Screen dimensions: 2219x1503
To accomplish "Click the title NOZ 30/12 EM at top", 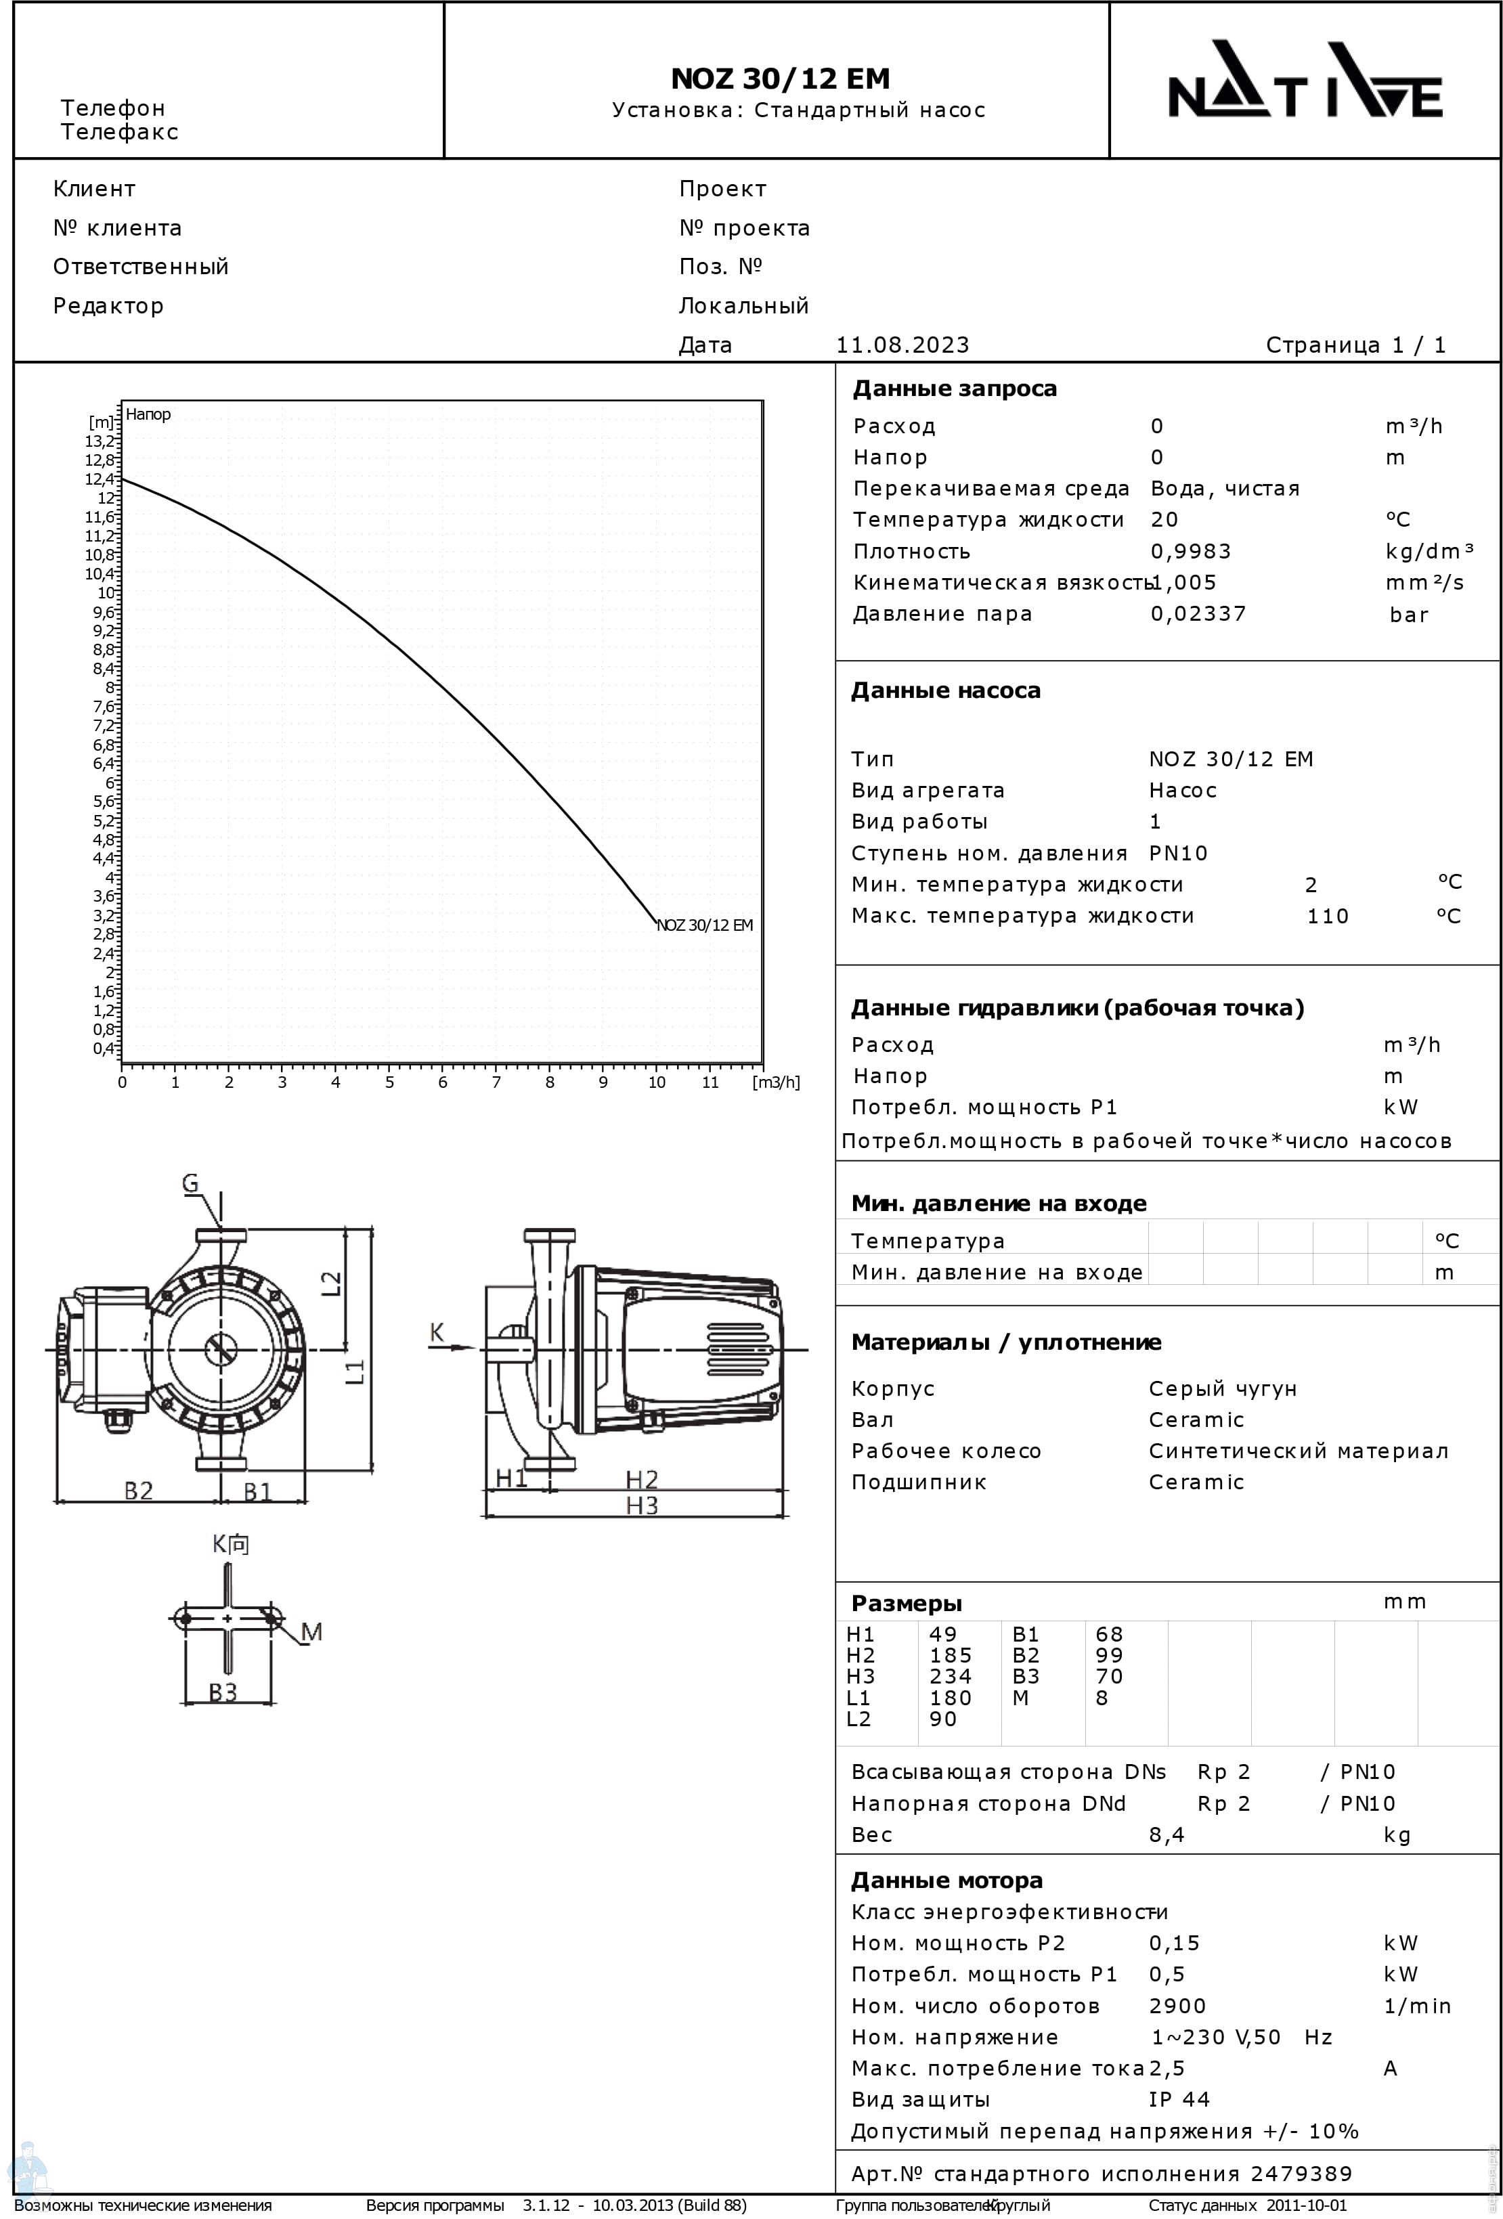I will [779, 79].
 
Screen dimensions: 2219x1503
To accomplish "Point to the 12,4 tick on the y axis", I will [100, 479].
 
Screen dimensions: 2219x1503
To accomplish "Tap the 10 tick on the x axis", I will [656, 1082].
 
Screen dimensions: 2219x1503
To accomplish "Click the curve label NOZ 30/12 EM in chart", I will [705, 925].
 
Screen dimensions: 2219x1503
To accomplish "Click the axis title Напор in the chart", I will [148, 414].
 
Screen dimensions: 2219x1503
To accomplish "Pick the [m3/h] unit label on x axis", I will [775, 1082].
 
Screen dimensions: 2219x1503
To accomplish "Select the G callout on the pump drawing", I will [190, 1184].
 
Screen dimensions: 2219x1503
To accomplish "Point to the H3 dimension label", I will [642, 1506].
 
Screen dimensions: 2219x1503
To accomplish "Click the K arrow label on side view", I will [437, 1332].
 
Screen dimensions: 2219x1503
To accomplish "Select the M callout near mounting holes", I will [311, 1632].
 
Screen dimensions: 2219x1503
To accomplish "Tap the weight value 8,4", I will [1166, 1834].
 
